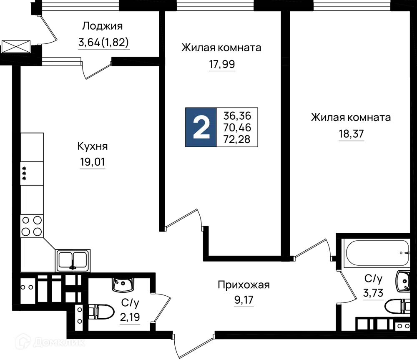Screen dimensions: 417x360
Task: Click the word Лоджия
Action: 103,26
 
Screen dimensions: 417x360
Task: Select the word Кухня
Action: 93,146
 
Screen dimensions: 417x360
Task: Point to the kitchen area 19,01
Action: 93,162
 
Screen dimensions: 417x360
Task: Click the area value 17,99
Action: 222,64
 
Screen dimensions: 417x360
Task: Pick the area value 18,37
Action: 351,134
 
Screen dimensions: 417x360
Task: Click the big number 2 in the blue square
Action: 201,128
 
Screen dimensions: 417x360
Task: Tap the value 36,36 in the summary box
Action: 237,116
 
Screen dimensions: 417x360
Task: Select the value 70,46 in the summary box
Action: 237,128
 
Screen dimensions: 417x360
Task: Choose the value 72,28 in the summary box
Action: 237,139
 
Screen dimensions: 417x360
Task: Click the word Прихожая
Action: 244,285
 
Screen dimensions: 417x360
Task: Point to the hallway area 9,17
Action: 244,300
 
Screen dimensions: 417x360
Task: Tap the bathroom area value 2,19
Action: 130,317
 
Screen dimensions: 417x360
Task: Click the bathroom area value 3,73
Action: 373,293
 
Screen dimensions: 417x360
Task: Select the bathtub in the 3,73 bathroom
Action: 376,253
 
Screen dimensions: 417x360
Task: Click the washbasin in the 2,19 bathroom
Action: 123,284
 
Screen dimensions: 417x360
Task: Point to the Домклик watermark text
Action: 50,342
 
